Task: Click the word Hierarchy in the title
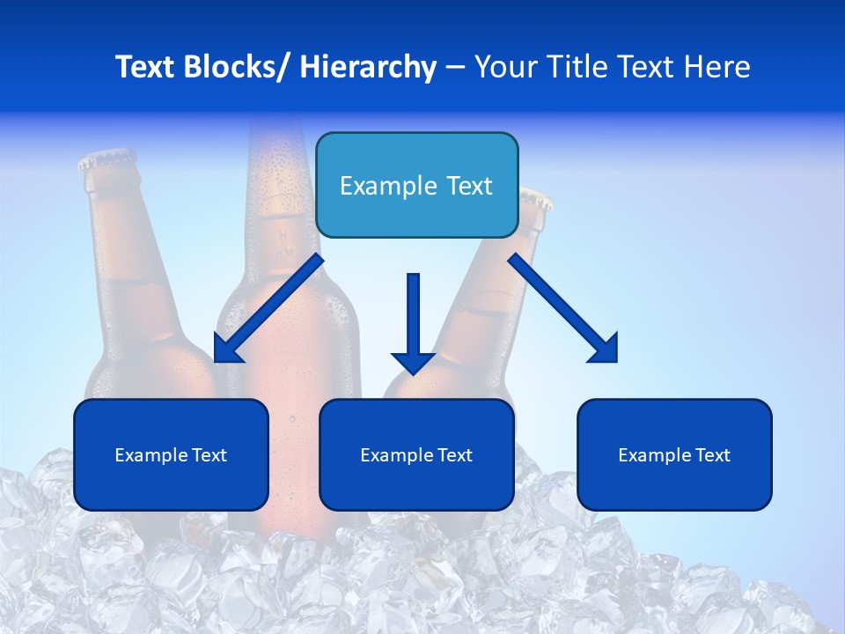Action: (367, 67)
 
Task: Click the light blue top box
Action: (416, 186)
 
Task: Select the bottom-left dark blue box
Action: (171, 455)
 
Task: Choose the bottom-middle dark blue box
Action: (416, 455)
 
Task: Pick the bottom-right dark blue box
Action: (674, 455)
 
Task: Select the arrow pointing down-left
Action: (269, 308)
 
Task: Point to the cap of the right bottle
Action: (535, 197)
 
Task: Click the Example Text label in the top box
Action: (416, 186)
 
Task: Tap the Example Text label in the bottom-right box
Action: (674, 455)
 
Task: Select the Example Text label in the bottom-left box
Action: (171, 455)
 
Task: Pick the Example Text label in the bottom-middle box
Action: (416, 455)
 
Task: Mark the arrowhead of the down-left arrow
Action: (226, 350)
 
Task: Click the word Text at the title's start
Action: (146, 67)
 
